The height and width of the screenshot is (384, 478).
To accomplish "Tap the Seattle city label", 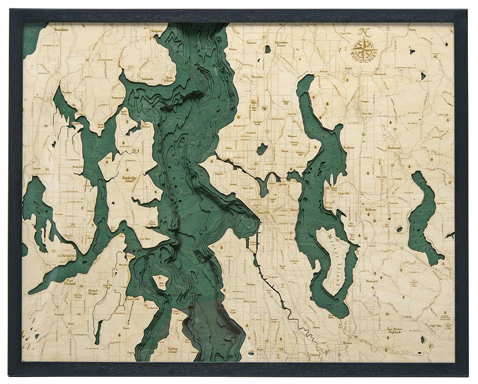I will (x=264, y=212).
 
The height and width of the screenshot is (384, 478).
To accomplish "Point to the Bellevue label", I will (x=371, y=209).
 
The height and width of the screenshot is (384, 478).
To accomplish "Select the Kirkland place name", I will (x=348, y=148).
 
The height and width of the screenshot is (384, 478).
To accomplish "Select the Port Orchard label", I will (x=71, y=282).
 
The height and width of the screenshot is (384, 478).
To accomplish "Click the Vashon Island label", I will (x=173, y=350).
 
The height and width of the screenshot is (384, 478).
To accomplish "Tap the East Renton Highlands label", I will (x=394, y=330).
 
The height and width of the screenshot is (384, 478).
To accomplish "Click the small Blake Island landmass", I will (x=161, y=282).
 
